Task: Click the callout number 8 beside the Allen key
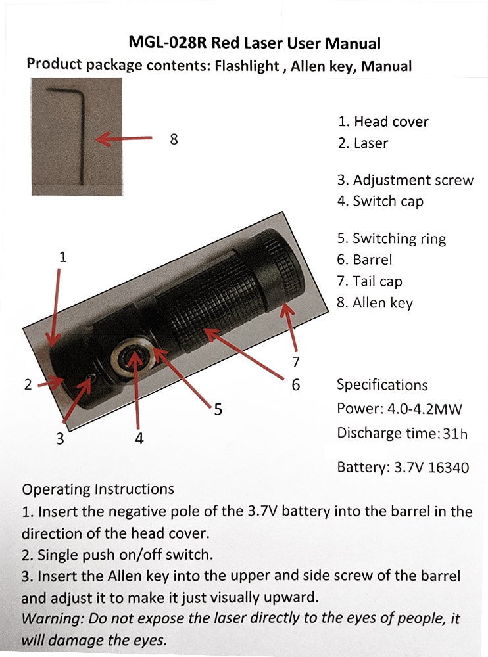point(174,139)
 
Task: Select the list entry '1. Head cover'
point(383,122)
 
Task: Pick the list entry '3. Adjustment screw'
point(405,180)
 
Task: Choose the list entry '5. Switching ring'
point(391,238)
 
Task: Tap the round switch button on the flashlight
point(135,357)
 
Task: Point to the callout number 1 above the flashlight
point(62,257)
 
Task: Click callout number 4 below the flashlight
point(139,439)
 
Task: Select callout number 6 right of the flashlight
point(296,384)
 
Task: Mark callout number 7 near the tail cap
point(296,361)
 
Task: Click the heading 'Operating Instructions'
point(98,489)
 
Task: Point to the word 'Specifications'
point(381,385)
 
